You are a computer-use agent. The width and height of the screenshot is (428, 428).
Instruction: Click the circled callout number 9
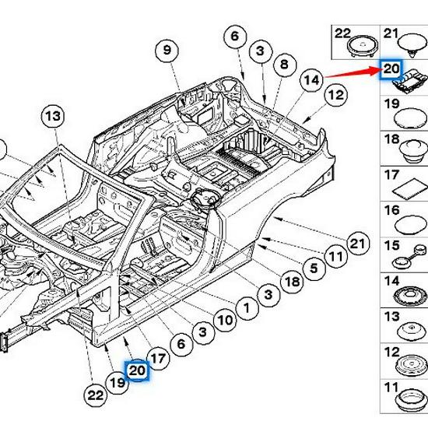(x=166, y=51)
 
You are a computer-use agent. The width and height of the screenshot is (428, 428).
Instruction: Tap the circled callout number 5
(x=314, y=269)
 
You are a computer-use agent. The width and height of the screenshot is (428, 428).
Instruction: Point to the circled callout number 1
(x=247, y=308)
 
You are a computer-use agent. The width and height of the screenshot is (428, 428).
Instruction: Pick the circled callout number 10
(x=225, y=320)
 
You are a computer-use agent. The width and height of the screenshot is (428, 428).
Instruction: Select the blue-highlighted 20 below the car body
(x=138, y=372)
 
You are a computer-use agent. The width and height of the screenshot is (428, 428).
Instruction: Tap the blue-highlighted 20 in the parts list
(x=390, y=70)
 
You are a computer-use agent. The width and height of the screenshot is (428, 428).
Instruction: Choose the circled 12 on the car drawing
(x=313, y=96)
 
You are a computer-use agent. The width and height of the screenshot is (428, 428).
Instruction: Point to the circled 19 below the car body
(x=118, y=382)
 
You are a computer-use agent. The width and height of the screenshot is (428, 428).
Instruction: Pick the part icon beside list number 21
(x=409, y=44)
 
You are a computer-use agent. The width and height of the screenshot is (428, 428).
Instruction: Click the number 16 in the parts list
(x=392, y=211)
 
